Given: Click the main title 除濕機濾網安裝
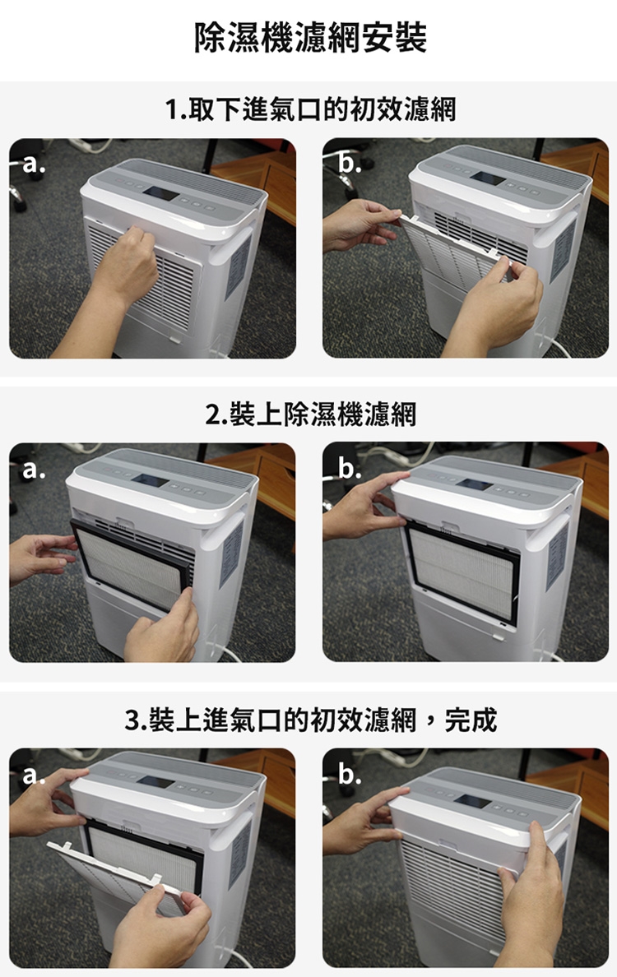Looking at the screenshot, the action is (310, 37).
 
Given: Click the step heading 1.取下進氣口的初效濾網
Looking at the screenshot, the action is (310, 109).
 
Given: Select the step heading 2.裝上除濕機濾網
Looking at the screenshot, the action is (310, 414).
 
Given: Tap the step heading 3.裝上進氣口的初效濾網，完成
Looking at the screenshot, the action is (310, 720).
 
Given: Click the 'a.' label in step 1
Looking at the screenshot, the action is (34, 164).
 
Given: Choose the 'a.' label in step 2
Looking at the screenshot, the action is (34, 469).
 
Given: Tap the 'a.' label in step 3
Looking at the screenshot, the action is (34, 776).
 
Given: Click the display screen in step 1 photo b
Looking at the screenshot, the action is (488, 178).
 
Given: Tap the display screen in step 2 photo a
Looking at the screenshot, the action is (150, 480).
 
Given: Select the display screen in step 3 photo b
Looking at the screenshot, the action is (471, 802).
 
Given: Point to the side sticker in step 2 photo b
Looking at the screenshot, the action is (557, 556).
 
